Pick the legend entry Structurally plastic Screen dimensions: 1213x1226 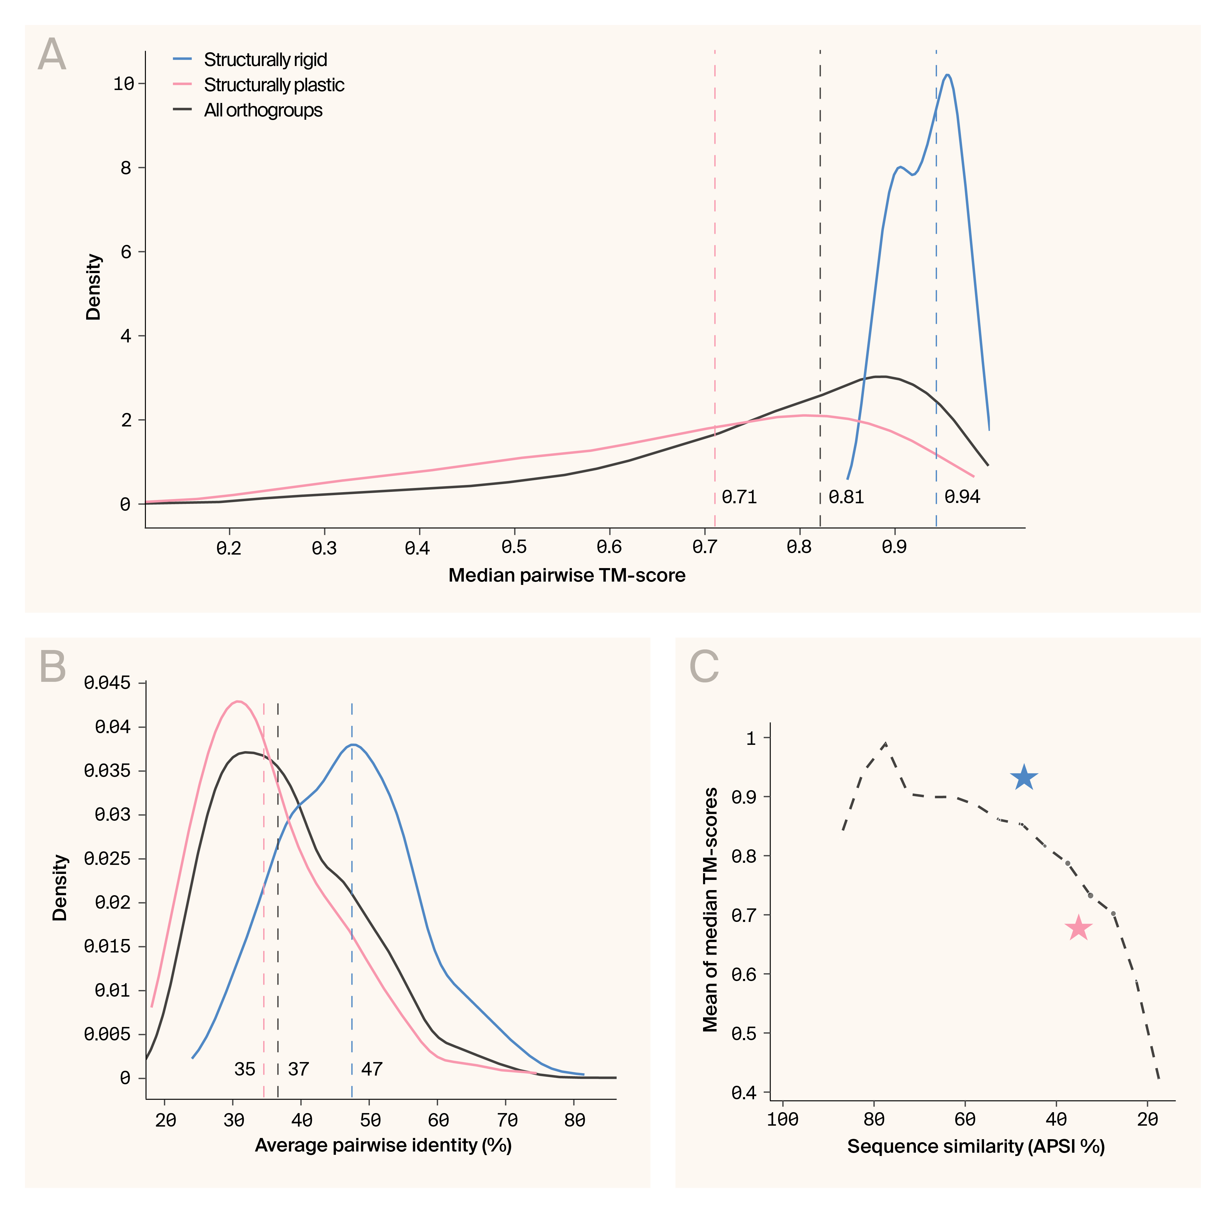coord(273,85)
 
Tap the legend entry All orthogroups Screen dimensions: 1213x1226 coord(263,110)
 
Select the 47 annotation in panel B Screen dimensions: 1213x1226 coord(372,1069)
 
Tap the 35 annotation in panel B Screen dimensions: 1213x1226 coord(244,1069)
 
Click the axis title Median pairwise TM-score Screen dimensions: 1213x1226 coord(567,575)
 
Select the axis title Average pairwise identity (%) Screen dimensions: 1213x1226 coord(383,1145)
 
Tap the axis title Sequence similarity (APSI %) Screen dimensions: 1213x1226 coord(976,1146)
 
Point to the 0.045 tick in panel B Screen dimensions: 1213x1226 coord(107,683)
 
